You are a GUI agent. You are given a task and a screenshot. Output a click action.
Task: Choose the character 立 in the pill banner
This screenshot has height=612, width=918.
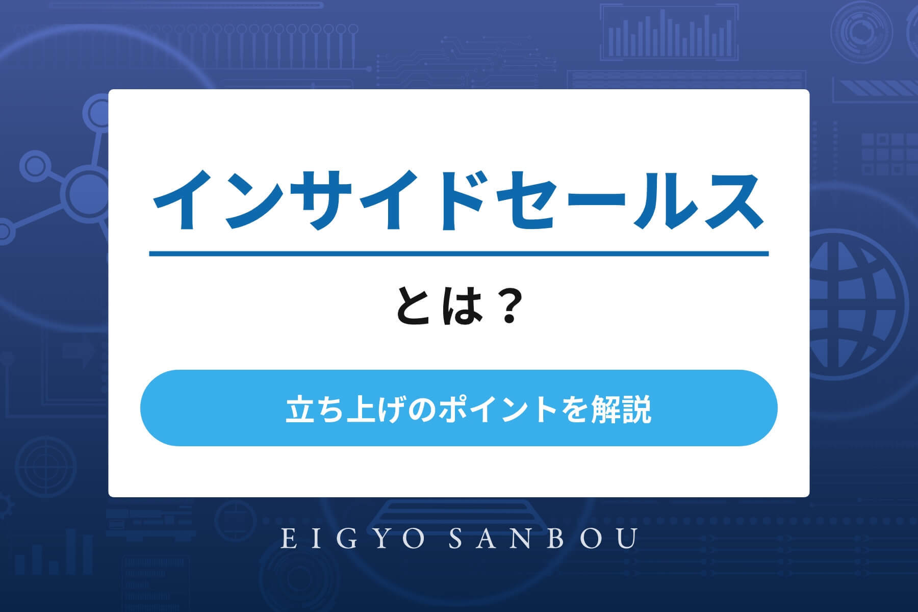tap(297, 411)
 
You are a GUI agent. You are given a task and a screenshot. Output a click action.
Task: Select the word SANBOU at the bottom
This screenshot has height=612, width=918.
tap(544, 539)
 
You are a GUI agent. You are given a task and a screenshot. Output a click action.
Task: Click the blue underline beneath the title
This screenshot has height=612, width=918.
tap(458, 253)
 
